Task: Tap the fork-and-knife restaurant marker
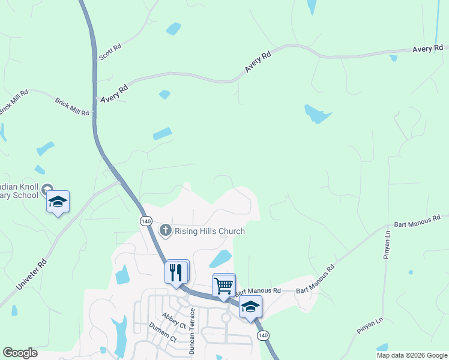(176, 272)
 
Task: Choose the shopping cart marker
(224, 286)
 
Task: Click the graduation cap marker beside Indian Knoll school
(58, 202)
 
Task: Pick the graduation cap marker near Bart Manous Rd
(250, 307)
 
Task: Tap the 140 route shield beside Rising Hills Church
(146, 221)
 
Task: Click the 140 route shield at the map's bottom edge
(263, 335)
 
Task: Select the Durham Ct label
(163, 334)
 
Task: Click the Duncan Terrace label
(193, 331)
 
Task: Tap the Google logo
(20, 353)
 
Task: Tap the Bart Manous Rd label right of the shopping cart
(258, 292)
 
